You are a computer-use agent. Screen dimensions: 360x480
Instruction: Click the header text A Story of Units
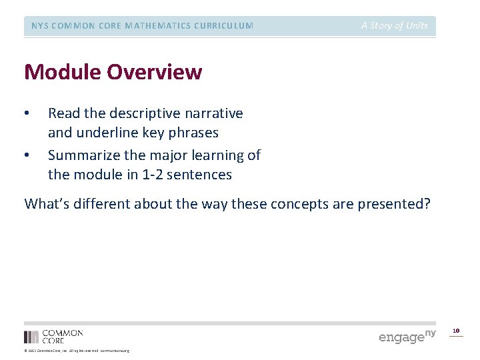point(395,25)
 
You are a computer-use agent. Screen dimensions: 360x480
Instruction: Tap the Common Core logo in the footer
point(53,336)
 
